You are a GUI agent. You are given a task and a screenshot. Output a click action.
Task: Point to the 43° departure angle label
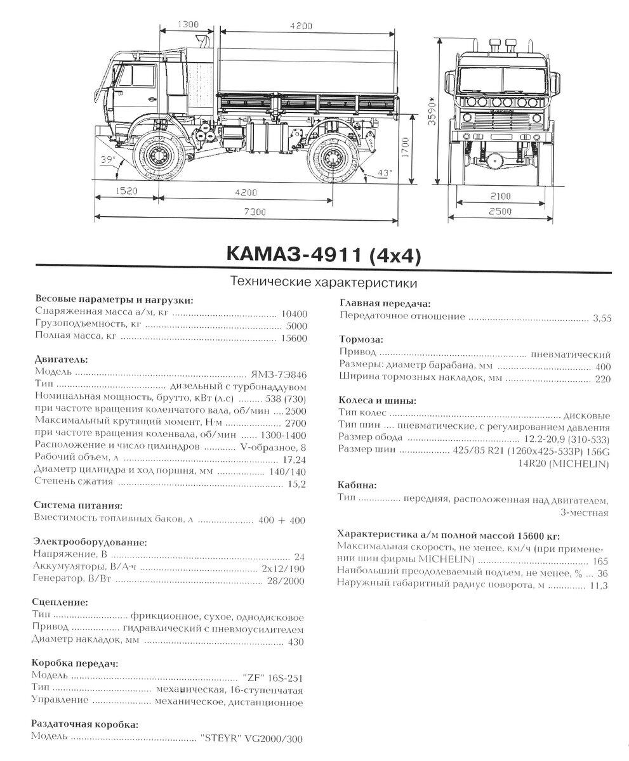(384, 172)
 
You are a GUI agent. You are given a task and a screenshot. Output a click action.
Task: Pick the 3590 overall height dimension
(434, 113)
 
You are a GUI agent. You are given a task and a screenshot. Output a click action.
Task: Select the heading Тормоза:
(361, 339)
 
